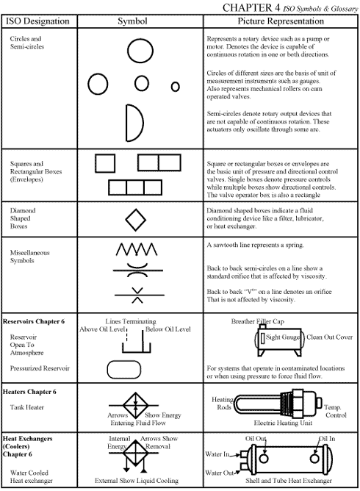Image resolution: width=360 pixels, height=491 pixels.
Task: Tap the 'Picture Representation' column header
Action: pyautogui.click(x=278, y=21)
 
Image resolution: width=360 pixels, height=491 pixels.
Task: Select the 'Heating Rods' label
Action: pyautogui.click(x=223, y=404)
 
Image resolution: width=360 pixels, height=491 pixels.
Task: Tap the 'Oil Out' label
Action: pyautogui.click(x=256, y=439)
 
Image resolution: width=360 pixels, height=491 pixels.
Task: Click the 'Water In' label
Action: pyautogui.click(x=217, y=455)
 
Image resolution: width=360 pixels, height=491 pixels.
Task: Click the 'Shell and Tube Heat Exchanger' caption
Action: pyautogui.click(x=278, y=481)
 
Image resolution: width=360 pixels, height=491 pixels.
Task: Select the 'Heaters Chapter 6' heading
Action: pyautogui.click(x=30, y=392)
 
